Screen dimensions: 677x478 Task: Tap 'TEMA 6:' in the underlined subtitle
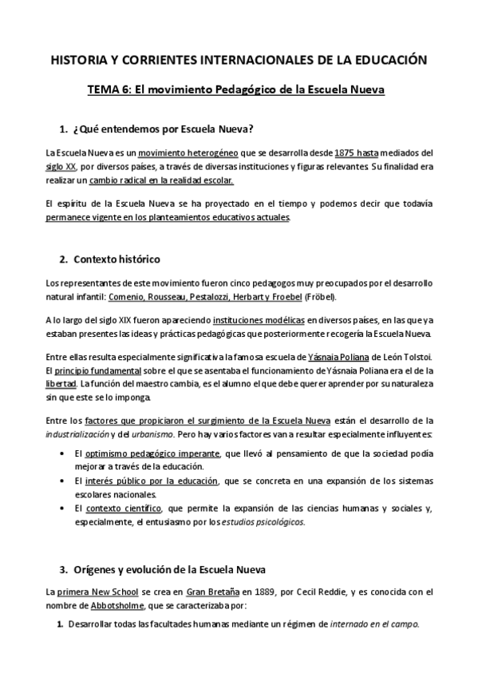click(x=110, y=90)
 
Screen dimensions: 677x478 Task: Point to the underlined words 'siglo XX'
click(x=61, y=166)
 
